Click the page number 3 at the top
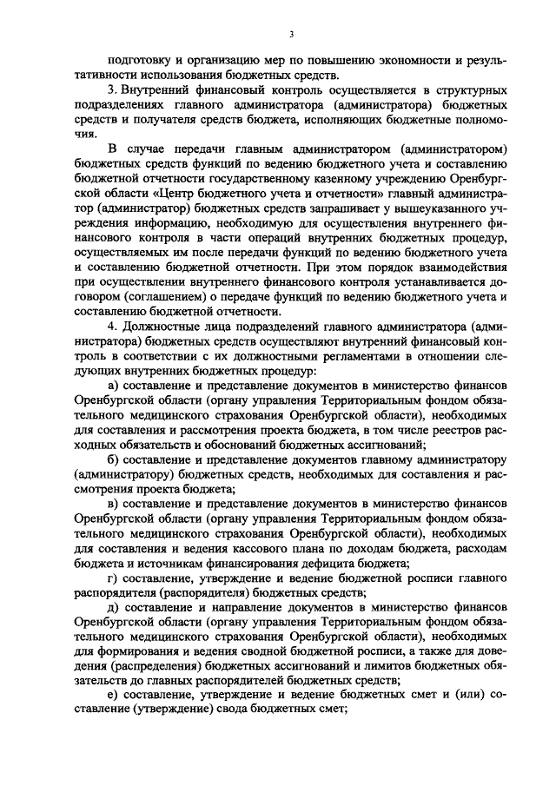[x=293, y=34]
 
